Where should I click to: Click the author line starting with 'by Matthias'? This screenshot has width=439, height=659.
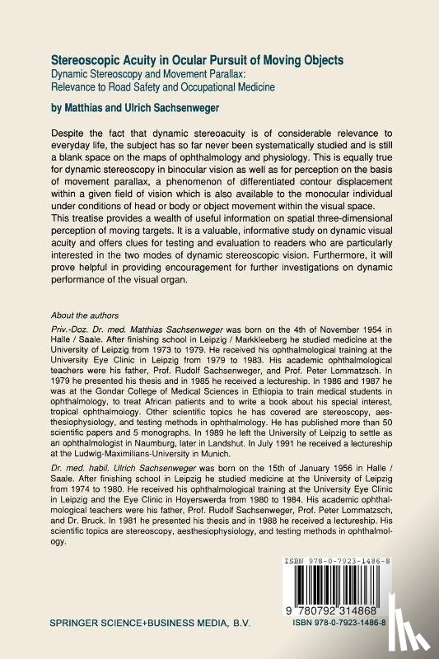pos(137,105)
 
